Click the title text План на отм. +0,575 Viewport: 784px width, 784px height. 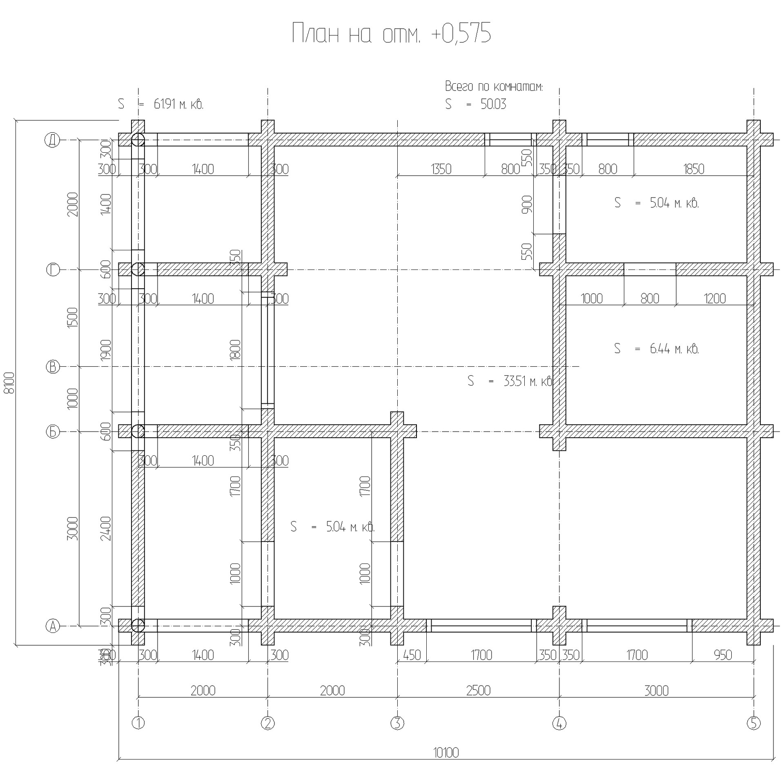[x=391, y=33]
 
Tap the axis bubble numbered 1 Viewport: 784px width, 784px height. [x=138, y=723]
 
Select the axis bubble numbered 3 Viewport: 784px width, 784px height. [x=397, y=723]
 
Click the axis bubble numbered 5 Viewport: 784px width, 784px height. [x=754, y=723]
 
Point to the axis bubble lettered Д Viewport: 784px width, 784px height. [x=52, y=140]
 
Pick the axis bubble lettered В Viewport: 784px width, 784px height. [x=52, y=366]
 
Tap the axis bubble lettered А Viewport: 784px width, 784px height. [x=52, y=626]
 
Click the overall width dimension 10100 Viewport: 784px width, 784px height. [x=446, y=752]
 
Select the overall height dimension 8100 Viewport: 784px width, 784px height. [x=9, y=383]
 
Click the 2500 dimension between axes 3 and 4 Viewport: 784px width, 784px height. [x=478, y=690]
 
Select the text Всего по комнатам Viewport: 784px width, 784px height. [x=494, y=87]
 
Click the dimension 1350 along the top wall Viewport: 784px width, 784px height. [x=441, y=169]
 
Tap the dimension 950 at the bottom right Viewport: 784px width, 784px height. [x=723, y=655]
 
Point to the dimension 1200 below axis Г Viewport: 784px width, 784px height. [x=715, y=298]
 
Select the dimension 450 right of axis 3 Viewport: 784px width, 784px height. [x=412, y=655]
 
